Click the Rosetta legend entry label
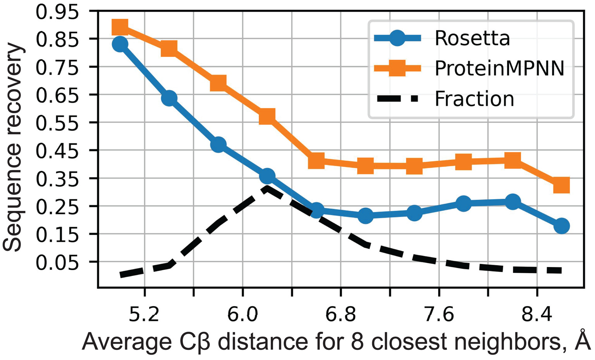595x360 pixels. pyautogui.click(x=472, y=38)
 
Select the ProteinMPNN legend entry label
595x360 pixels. pyautogui.click(x=499, y=69)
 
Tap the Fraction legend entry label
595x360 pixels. pyautogui.click(x=474, y=99)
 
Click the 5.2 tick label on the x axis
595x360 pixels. pyautogui.click(x=144, y=314)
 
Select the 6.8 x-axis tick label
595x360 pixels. pyautogui.click(x=340, y=314)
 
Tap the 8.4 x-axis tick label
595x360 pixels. pyautogui.click(x=537, y=314)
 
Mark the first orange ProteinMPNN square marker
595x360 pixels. pyautogui.click(x=120, y=27)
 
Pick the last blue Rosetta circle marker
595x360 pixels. pyautogui.click(x=562, y=226)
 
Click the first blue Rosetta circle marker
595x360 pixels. pyautogui.click(x=120, y=44)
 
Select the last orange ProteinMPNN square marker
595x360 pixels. pyautogui.click(x=562, y=185)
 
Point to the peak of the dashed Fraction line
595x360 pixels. pyautogui.click(x=267, y=188)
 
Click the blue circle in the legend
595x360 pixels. pyautogui.click(x=397, y=38)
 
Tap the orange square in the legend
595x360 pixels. pyautogui.click(x=397, y=69)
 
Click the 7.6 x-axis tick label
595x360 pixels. pyautogui.click(x=439, y=314)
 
